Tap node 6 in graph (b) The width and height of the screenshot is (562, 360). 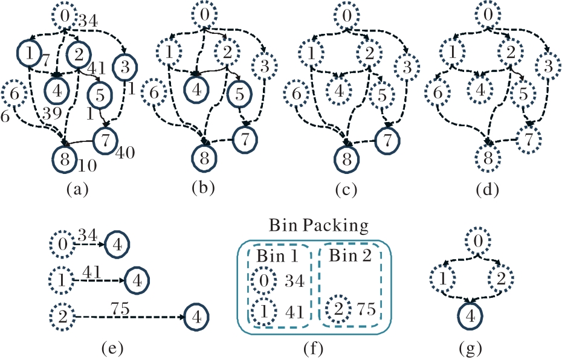154,94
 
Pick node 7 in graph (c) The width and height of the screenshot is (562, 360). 386,141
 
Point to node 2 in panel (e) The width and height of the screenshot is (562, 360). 62,316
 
